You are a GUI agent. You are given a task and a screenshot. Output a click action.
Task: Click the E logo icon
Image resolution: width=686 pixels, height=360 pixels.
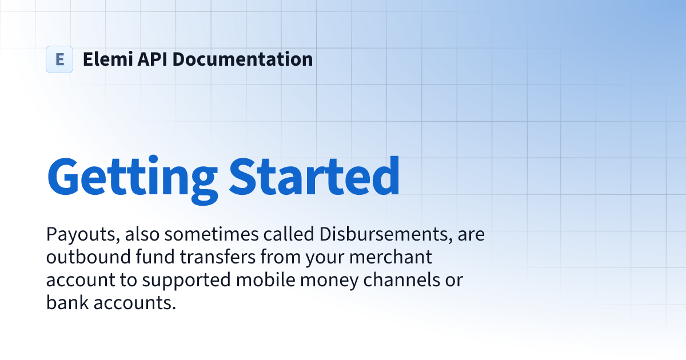(59, 59)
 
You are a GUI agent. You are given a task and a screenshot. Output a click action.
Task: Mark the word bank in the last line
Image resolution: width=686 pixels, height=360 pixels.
(65, 303)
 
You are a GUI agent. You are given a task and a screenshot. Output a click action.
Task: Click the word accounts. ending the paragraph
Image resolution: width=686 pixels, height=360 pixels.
(131, 303)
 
